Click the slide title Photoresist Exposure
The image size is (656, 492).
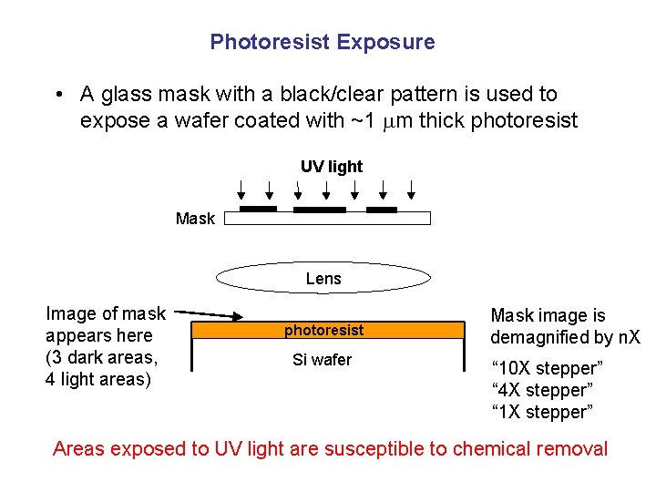tap(323, 42)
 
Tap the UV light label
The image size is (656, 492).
tap(332, 167)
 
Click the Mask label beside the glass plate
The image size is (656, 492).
tap(195, 219)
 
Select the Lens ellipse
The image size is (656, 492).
tap(323, 278)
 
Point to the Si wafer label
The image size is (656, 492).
tap(322, 360)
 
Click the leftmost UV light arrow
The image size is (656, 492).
tap(241, 190)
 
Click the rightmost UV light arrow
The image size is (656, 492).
tap(412, 190)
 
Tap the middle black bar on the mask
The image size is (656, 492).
tap(319, 210)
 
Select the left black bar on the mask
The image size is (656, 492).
tap(258, 210)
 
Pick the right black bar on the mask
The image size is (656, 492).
tap(381, 210)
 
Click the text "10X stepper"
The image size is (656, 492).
tap(546, 369)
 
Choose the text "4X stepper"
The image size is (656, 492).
tap(541, 391)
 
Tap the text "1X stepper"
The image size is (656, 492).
tap(541, 413)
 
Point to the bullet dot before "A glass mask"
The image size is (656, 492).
tap(57, 95)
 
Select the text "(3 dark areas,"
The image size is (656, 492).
tap(101, 357)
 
